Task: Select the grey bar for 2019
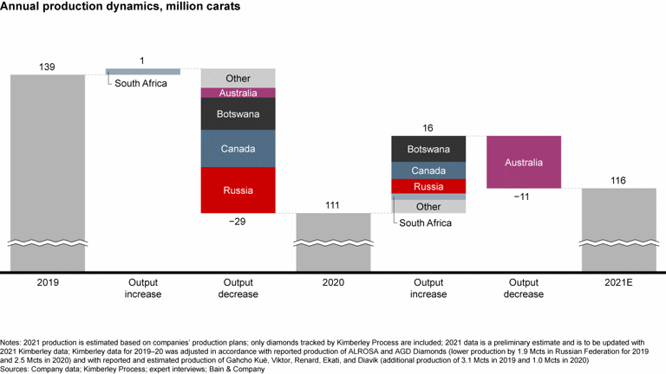pos(48,173)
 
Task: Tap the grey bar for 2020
pos(333,242)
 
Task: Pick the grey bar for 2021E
pos(618,229)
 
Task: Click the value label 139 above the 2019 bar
pos(48,67)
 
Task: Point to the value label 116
pos(618,180)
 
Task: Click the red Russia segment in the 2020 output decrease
pos(238,190)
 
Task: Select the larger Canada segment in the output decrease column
pos(238,149)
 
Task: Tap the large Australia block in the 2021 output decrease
pos(524,162)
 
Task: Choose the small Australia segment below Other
pos(238,93)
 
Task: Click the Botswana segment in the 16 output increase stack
pos(428,149)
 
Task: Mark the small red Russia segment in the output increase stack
pos(428,186)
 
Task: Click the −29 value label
pos(238,222)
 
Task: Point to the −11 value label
pos(524,197)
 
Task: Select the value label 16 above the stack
pos(428,127)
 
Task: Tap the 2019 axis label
pos(48,282)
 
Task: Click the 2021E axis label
pos(618,282)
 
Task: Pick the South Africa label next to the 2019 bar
pos(143,84)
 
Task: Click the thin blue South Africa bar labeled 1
pos(143,71)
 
